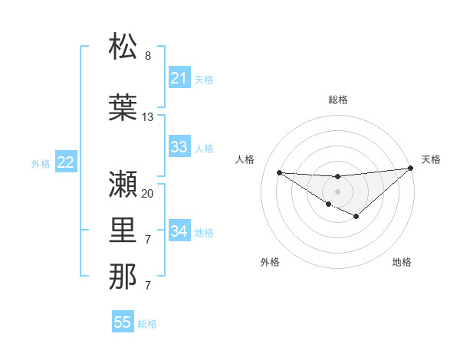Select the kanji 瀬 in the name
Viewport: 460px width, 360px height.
pos(123,183)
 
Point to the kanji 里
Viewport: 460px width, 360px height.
pos(123,231)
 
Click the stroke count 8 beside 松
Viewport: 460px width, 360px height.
pos(148,56)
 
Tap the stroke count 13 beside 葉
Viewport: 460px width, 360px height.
pos(148,117)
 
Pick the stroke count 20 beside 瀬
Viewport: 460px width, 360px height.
pos(148,194)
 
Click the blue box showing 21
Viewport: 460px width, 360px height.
pos(179,78)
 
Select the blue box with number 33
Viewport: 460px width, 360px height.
pos(179,147)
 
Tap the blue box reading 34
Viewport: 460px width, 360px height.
pos(179,231)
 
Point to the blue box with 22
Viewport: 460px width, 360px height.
pos(66,162)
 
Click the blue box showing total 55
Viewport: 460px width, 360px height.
pos(123,322)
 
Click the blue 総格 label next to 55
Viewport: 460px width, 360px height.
pos(147,324)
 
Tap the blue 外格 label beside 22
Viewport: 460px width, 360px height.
pos(41,164)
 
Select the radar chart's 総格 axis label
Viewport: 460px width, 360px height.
pos(337,100)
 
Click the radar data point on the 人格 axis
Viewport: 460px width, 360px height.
pos(279,172)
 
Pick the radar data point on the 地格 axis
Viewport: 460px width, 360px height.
pos(356,217)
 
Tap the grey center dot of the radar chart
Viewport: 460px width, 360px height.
pos(337,191)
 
